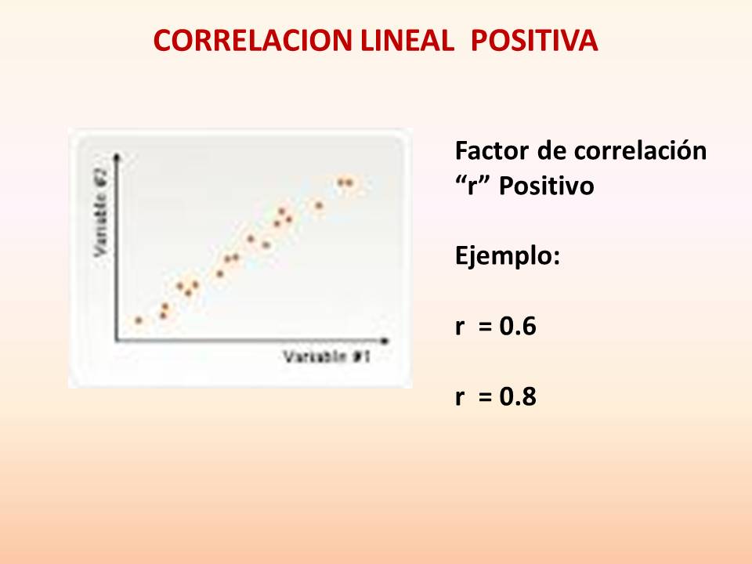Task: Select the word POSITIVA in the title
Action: tap(534, 40)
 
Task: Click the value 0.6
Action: tap(518, 327)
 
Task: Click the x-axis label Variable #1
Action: tap(326, 357)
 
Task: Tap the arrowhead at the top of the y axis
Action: tap(117, 155)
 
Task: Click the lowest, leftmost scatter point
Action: tap(139, 320)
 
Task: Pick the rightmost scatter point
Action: tap(349, 183)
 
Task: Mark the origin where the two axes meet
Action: tap(117, 342)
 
